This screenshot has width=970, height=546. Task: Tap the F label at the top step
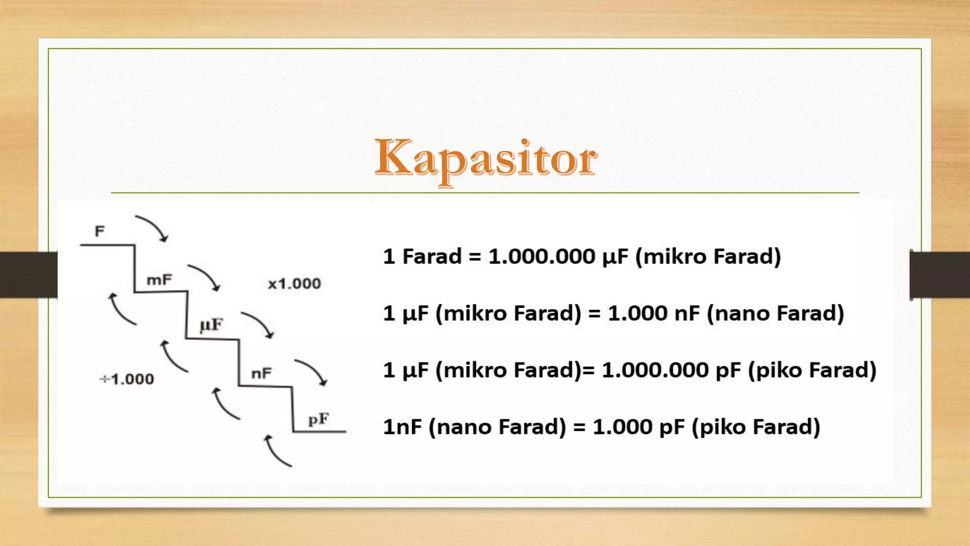tap(99, 231)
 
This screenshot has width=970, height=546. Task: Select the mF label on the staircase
tap(159, 280)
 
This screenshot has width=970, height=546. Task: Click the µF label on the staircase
tap(211, 325)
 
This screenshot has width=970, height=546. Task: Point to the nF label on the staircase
tap(261, 373)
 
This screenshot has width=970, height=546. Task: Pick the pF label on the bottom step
tap(318, 419)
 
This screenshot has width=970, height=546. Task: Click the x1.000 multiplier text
tap(294, 284)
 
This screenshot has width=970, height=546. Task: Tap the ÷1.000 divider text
tap(126, 379)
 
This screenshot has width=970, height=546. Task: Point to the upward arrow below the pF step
tap(277, 451)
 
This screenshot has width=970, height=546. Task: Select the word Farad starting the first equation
tap(431, 256)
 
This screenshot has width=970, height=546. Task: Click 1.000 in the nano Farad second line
tap(638, 313)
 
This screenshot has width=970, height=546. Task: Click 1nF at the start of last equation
tap(402, 427)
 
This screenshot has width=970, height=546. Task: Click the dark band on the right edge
tap(940, 275)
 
